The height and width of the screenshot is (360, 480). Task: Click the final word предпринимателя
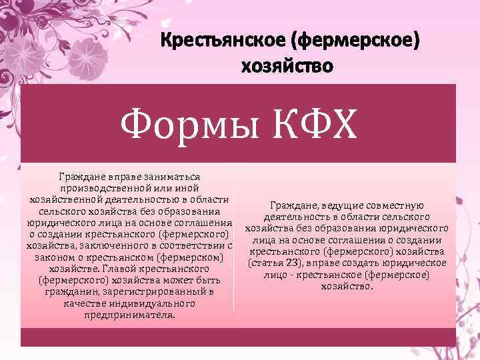click(129, 315)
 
